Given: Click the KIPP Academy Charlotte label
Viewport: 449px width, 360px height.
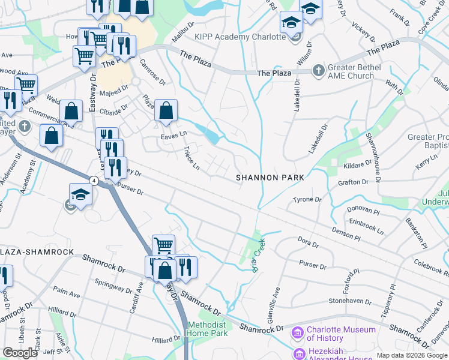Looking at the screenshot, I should point(240,37).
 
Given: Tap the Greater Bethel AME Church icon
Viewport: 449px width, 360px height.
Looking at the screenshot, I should point(318,71).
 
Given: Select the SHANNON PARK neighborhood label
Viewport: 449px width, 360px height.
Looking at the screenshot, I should point(270,178).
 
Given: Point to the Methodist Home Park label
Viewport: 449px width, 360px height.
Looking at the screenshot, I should point(207,329).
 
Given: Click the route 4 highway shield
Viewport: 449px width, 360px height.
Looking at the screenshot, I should point(94,180).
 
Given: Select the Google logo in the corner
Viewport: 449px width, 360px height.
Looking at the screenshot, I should point(20,352).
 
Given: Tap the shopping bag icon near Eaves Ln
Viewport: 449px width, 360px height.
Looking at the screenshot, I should point(166,111).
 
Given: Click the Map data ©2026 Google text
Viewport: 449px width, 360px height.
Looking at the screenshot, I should point(412,355).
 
